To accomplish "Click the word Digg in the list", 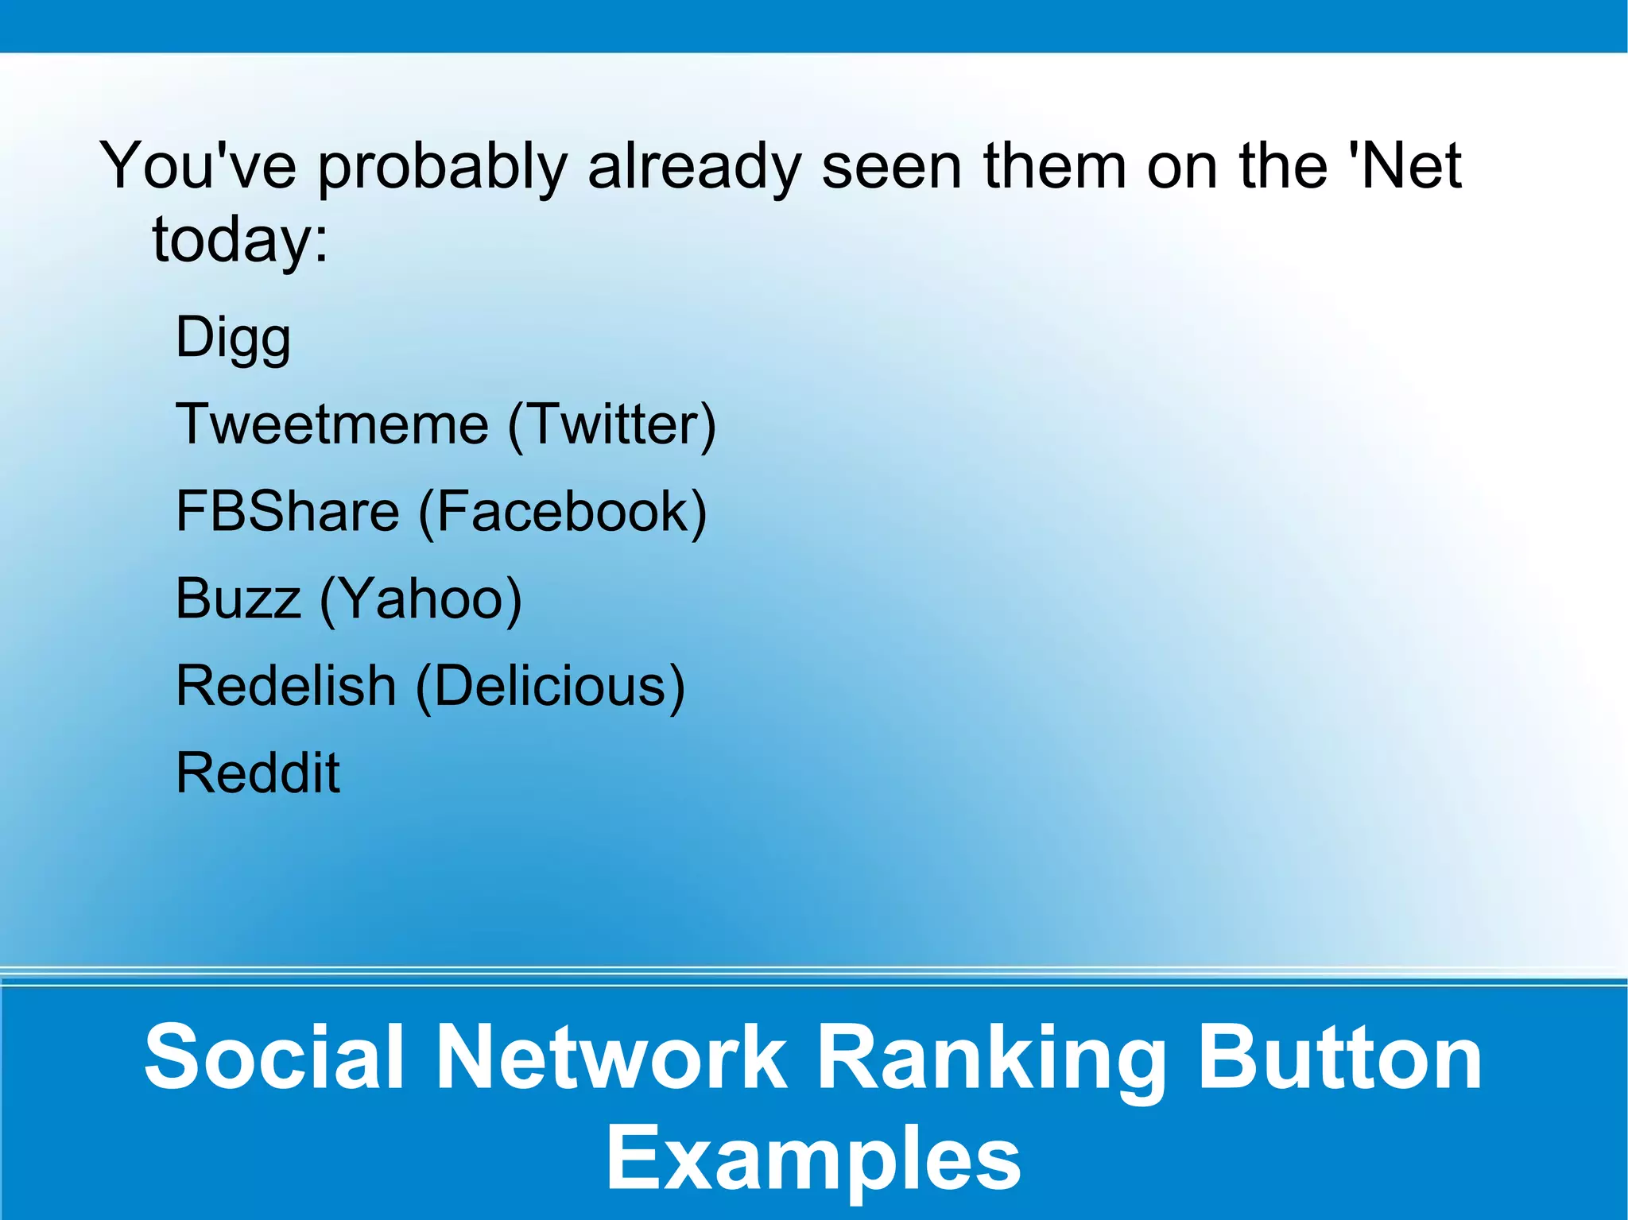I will pos(233,339).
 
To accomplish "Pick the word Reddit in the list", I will pos(258,773).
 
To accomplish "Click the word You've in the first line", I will pos(198,166).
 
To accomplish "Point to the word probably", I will pos(443,168).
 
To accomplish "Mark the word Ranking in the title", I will pos(990,1060).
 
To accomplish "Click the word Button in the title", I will pos(1339,1057).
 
